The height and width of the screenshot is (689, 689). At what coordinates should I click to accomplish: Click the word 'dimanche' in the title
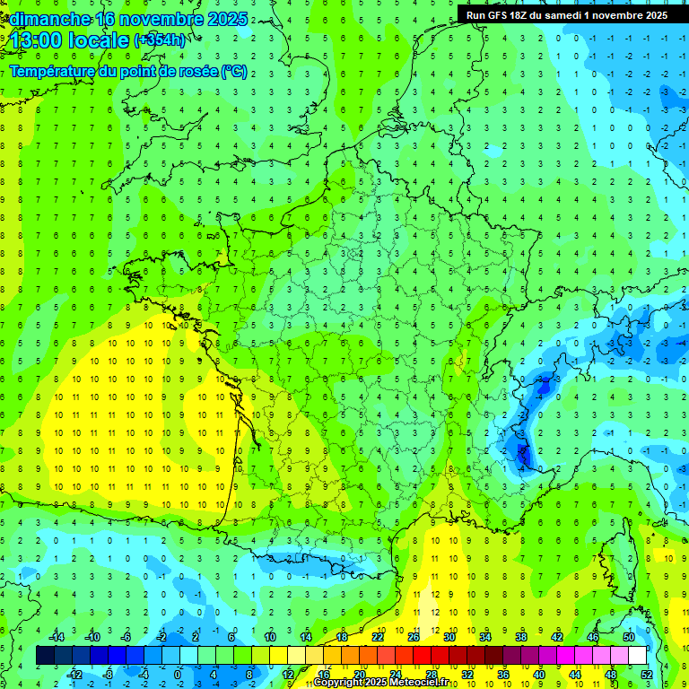[x=48, y=19]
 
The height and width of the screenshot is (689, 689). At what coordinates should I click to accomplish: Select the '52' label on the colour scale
[x=647, y=674]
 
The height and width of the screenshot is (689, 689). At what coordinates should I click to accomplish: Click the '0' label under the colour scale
[x=177, y=674]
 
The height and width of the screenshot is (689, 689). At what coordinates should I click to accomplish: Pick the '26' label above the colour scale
[x=414, y=637]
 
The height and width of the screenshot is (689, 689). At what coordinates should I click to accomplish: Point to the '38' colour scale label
[x=521, y=637]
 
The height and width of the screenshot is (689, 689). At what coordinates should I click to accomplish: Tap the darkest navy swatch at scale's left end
[x=45, y=656]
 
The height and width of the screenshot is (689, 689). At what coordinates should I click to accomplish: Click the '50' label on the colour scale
[x=629, y=637]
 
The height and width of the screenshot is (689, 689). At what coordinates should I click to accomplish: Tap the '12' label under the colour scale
[x=288, y=674]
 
